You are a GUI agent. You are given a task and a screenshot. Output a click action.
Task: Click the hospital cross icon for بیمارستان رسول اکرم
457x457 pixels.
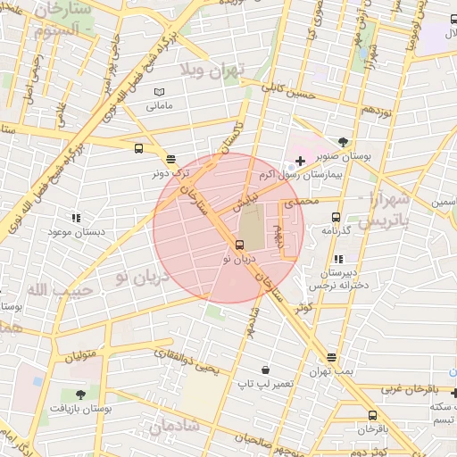tap(299, 162)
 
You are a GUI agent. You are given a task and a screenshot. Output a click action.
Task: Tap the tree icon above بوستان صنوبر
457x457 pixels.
tap(344, 142)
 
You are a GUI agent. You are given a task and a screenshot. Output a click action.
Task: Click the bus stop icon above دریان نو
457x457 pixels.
tap(239, 245)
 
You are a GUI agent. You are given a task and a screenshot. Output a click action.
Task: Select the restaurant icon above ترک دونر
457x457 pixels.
tap(170, 158)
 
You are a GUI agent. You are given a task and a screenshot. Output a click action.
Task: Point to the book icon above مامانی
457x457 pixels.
tap(159, 92)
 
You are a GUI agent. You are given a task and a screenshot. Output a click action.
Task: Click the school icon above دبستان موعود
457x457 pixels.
tap(76, 217)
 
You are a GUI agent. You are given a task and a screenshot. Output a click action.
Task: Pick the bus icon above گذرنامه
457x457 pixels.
tap(337, 217)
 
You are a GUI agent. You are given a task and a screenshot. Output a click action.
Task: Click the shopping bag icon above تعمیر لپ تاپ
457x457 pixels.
tap(265, 370)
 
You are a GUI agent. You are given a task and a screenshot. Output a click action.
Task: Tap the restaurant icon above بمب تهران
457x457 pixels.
tap(332, 356)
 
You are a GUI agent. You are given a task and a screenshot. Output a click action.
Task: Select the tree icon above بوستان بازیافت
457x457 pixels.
tap(80, 394)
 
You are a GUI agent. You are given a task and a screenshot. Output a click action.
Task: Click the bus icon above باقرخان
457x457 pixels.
tap(372, 415)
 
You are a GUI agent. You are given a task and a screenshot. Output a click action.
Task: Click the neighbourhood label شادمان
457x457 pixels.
tap(174, 428)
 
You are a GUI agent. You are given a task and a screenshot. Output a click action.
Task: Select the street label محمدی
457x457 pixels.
tap(300, 204)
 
